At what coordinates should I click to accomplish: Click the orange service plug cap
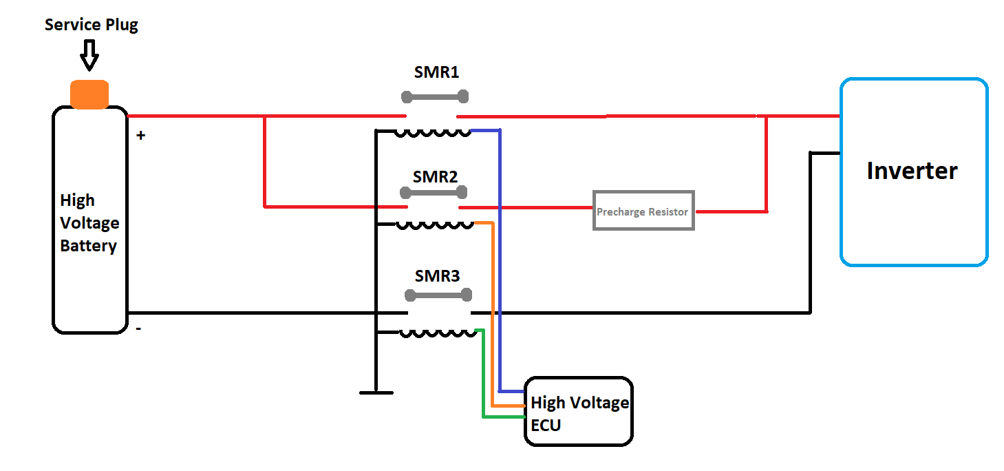[89, 94]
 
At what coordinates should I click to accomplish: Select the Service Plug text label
[91, 25]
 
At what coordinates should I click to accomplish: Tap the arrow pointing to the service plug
[89, 55]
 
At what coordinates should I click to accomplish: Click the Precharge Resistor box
[643, 211]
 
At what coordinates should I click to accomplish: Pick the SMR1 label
[436, 72]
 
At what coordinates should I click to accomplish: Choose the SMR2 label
[435, 176]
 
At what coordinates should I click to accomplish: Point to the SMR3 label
[437, 276]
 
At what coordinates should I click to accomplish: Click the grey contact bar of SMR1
[435, 96]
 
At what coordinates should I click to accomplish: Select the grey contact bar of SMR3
[438, 296]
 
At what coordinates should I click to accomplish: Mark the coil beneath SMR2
[435, 225]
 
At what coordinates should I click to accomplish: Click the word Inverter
[912, 171]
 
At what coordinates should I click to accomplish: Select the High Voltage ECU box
[578, 412]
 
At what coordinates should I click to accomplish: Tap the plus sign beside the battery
[141, 136]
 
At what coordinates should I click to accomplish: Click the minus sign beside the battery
[139, 329]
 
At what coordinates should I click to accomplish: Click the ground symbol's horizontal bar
[376, 392]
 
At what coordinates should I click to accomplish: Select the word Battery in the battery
[88, 246]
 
